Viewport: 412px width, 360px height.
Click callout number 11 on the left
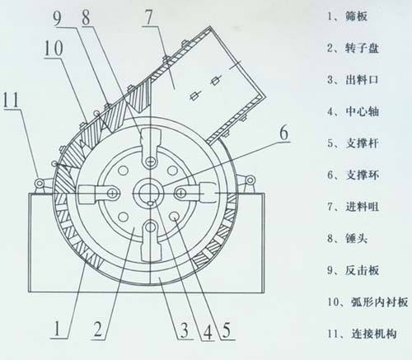(x=11, y=100)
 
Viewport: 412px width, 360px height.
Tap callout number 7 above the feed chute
(x=148, y=17)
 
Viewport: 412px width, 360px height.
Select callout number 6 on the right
(x=284, y=133)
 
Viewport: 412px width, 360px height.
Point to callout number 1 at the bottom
(x=57, y=328)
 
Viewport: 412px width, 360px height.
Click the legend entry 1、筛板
(x=347, y=16)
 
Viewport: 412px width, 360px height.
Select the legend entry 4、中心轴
(x=353, y=111)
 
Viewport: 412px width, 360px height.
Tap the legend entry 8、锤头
(x=347, y=238)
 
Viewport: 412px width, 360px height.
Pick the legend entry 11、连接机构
(x=362, y=334)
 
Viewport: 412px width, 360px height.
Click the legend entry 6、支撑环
(x=353, y=175)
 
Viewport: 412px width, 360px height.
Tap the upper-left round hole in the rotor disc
(x=123, y=171)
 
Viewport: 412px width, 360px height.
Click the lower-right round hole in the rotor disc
(x=174, y=217)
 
